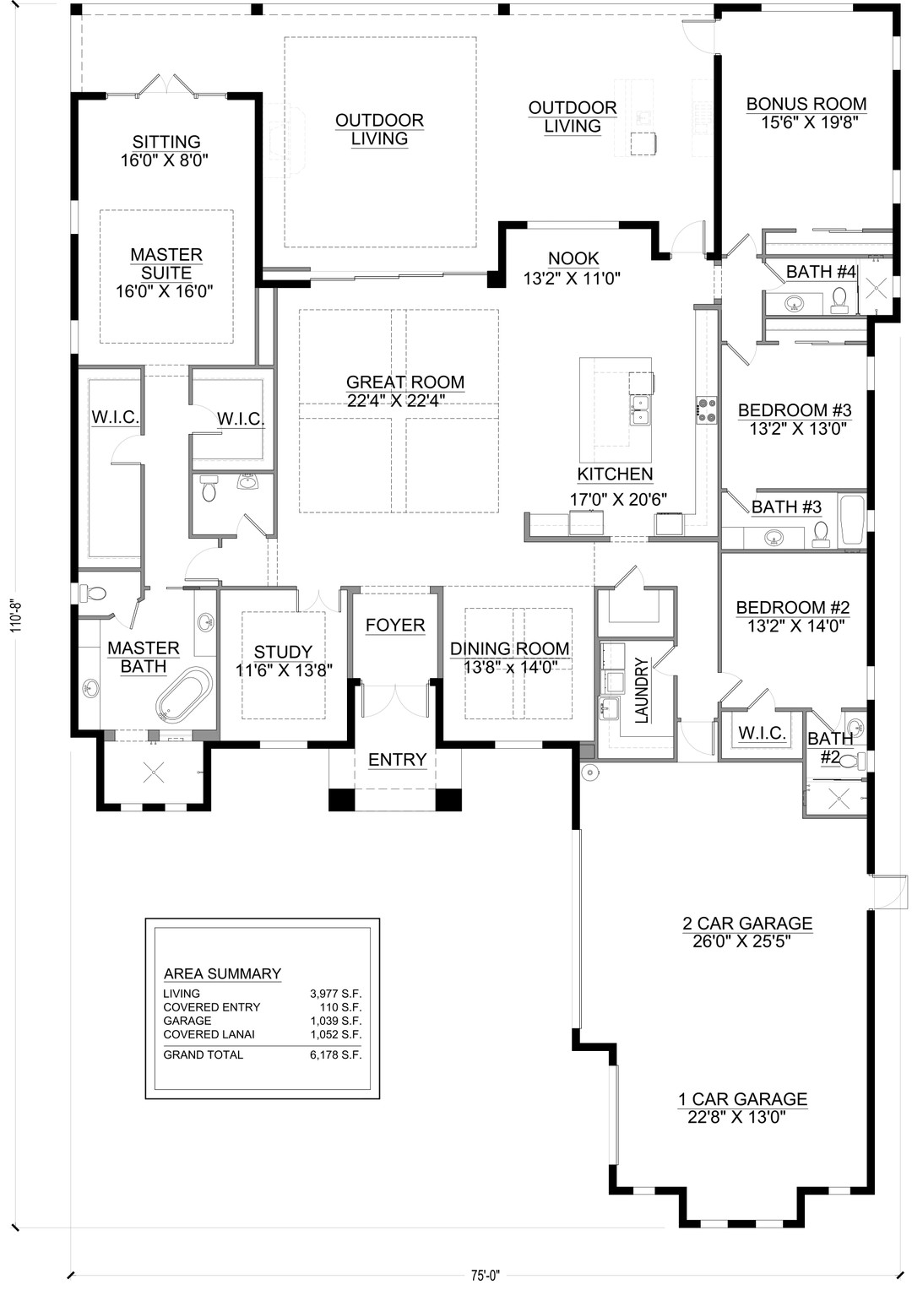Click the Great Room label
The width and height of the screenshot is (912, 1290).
[404, 382]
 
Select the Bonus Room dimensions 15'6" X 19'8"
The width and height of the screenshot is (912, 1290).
[806, 122]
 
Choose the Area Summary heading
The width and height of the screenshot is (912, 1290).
[222, 973]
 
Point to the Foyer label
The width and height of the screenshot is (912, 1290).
[395, 625]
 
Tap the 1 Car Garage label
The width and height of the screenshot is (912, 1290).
[742, 1099]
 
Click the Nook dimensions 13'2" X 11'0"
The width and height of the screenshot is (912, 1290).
[573, 279]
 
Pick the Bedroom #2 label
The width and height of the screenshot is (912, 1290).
[792, 607]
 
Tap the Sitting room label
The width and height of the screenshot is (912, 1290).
[166, 142]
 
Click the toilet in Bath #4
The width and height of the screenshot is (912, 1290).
[839, 297]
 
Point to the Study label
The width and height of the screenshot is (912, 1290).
[283, 652]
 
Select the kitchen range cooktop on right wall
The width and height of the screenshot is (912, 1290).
[705, 410]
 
